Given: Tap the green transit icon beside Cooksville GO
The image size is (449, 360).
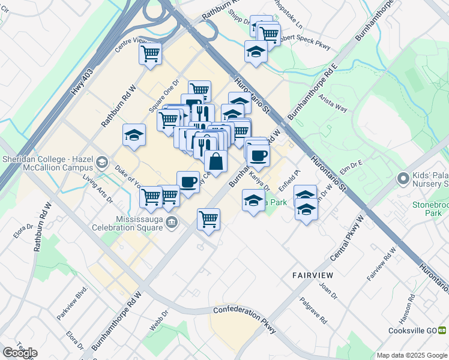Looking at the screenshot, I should [x=442, y=329].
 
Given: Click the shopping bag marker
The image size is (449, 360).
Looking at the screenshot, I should [x=215, y=161].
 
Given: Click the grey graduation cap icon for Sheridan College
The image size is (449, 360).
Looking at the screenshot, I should [x=103, y=162].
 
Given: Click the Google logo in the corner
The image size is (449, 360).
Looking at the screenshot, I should [x=20, y=352].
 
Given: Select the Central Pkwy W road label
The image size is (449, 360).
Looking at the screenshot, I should [x=347, y=239].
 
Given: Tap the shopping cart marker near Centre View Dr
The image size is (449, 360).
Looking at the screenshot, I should [x=150, y=53].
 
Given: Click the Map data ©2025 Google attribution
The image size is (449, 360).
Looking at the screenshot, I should [x=411, y=355].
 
